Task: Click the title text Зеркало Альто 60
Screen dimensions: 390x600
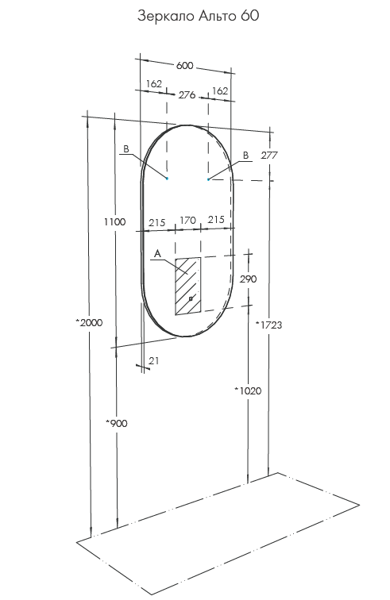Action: pyautogui.click(x=198, y=16)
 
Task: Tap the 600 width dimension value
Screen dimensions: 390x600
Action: pyautogui.click(x=184, y=65)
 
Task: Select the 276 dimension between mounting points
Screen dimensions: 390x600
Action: pyautogui.click(x=187, y=94)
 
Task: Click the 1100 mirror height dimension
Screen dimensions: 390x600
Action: pyautogui.click(x=114, y=221)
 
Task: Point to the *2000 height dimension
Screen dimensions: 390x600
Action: pyautogui.click(x=89, y=322)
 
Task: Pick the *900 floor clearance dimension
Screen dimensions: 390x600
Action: pyautogui.click(x=117, y=423)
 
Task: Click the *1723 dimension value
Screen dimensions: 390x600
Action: pyautogui.click(x=269, y=325)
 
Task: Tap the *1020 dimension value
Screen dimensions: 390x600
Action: pyautogui.click(x=249, y=390)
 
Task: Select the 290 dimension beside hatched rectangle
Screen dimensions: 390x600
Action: pyautogui.click(x=249, y=279)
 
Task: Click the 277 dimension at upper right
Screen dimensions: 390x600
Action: pyautogui.click(x=269, y=156)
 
